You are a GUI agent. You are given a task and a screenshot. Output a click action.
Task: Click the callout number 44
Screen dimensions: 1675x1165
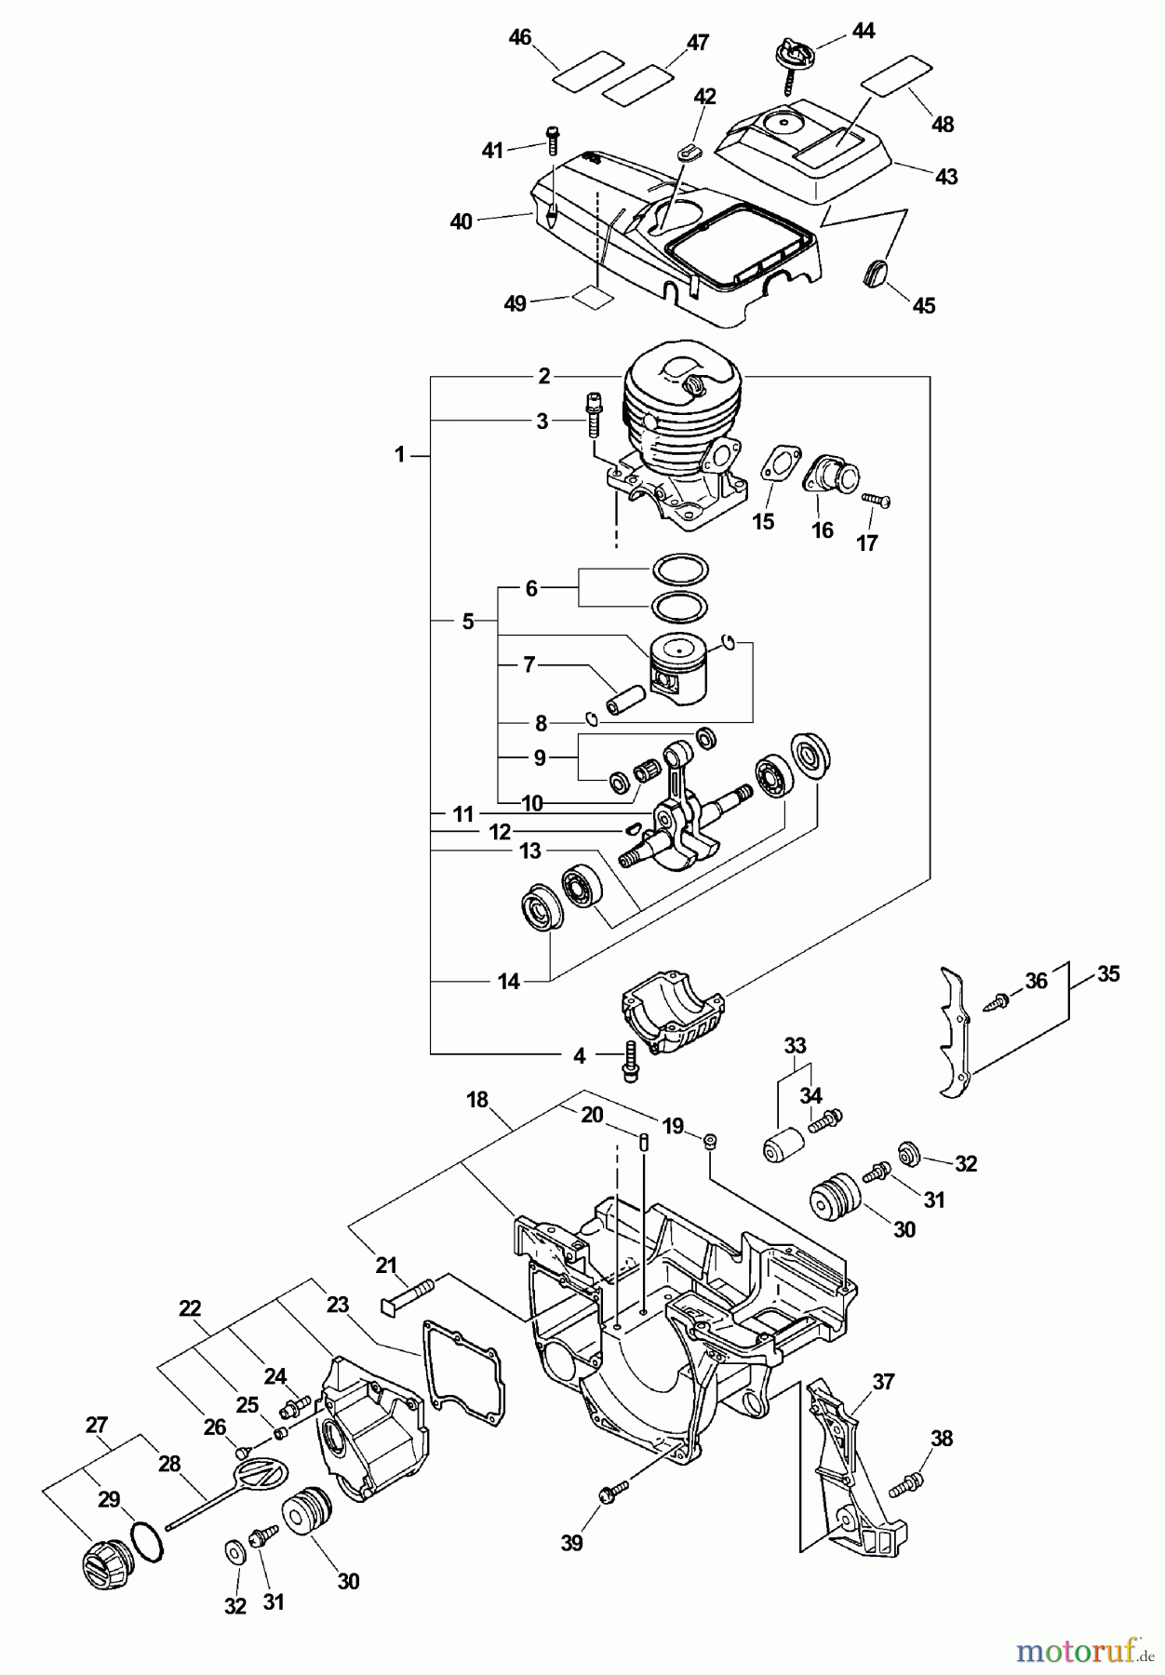[x=863, y=31]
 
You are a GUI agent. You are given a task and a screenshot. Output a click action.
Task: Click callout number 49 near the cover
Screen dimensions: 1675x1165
[x=515, y=303]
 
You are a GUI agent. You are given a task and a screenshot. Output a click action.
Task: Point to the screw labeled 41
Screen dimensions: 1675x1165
[x=553, y=140]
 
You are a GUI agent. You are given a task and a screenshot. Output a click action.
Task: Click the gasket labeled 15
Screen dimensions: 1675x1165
[x=774, y=465]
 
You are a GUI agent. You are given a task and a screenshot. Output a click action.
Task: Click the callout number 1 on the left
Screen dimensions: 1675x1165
[x=399, y=455]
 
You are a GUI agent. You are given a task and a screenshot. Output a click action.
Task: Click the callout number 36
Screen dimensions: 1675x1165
[x=1036, y=980]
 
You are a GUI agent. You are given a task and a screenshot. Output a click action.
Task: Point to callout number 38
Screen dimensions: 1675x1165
[x=942, y=1439]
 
